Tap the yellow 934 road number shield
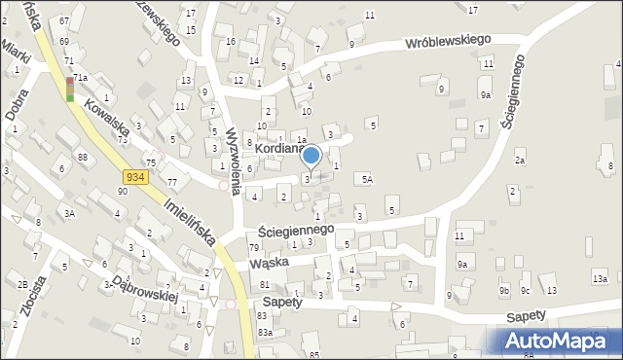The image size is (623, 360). click(135, 176)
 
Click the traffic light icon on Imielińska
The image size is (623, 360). click(70, 89)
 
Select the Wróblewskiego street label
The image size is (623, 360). click(448, 42)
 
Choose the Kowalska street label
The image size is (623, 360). click(106, 116)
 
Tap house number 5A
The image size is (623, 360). click(367, 179)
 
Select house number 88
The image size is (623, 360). click(83, 157)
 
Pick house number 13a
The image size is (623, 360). click(600, 279)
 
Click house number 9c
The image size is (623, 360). click(525, 290)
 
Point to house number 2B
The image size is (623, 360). click(21, 284)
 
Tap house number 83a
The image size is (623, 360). click(265, 332)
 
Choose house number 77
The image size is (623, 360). click(171, 182)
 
